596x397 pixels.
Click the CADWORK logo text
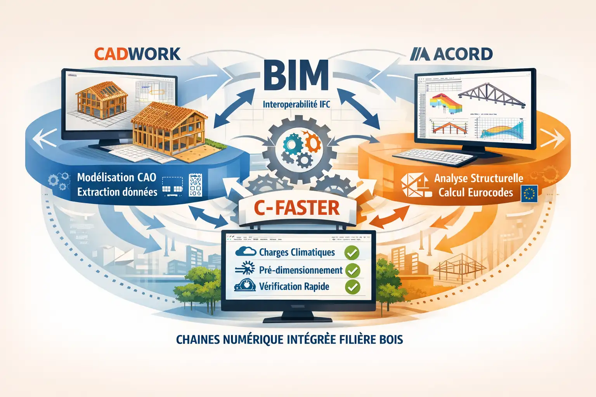coord(137,54)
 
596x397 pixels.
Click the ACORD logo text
coord(452,54)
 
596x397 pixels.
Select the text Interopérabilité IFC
coord(296,104)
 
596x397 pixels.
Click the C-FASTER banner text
coord(297,208)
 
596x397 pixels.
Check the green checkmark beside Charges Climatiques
coord(352,253)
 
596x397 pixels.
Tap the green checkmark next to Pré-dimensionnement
coord(352,270)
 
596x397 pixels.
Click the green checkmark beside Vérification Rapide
coord(352,287)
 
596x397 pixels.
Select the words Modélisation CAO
coord(116,178)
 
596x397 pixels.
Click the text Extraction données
coord(117,192)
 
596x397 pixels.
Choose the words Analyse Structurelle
coord(478,178)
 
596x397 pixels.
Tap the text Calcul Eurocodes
coord(476,193)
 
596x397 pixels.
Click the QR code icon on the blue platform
coord(195,185)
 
